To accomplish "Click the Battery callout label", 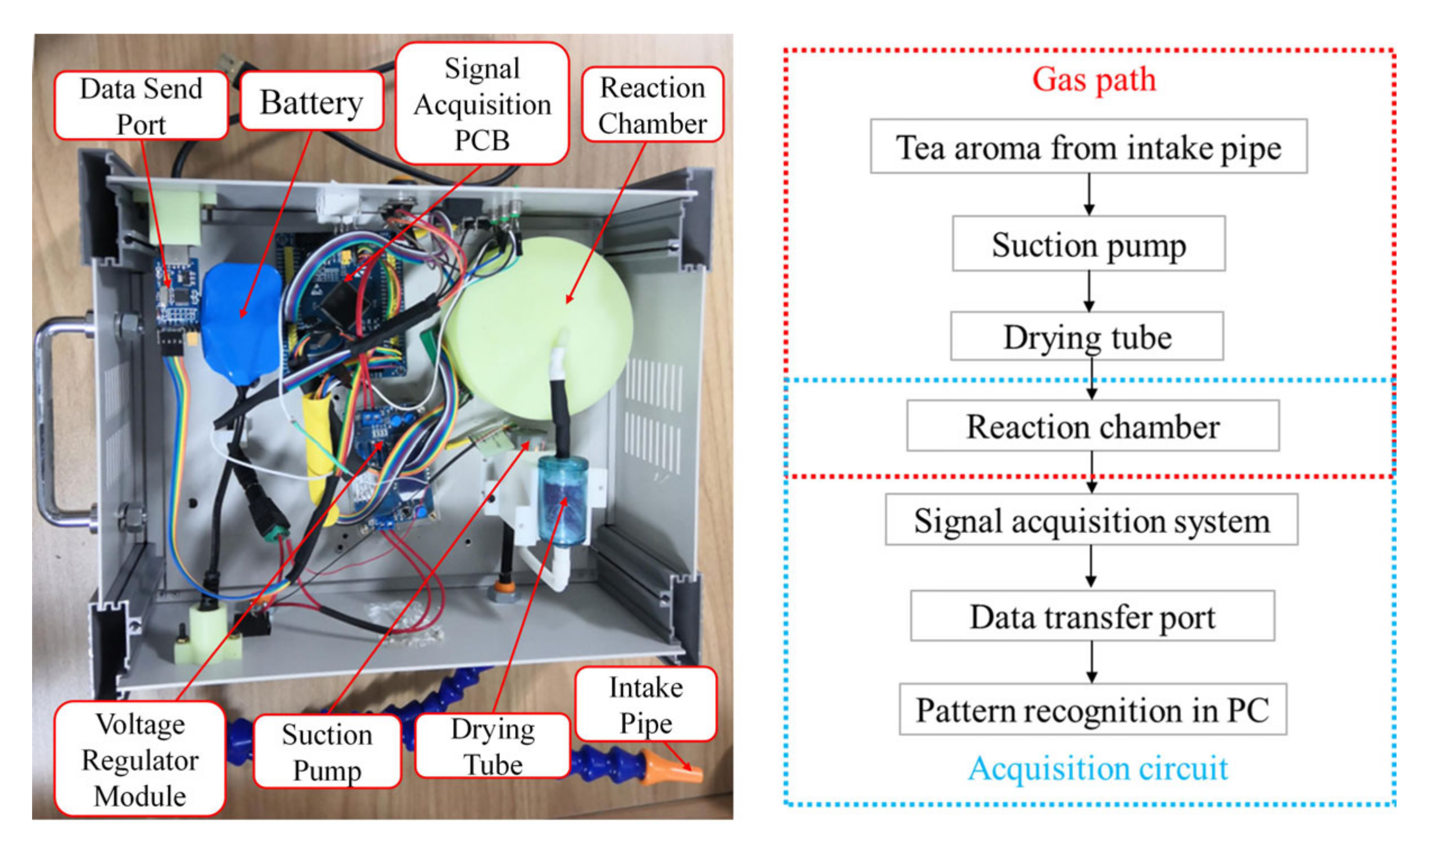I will pyautogui.click(x=311, y=103).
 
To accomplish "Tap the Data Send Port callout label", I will pyautogui.click(x=141, y=106).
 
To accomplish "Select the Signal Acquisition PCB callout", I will pyautogui.click(x=482, y=104).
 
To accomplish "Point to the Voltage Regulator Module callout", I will pyautogui.click(x=140, y=759).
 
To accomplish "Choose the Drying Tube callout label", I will pyautogui.click(x=493, y=746).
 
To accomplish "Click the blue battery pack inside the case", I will pyautogui.click(x=242, y=319).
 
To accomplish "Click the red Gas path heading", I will pyautogui.click(x=1094, y=80).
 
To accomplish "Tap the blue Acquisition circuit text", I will pyautogui.click(x=1097, y=768).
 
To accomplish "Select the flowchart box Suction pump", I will pyautogui.click(x=1088, y=244).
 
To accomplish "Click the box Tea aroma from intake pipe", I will pyautogui.click(x=1088, y=147).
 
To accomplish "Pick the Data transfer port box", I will pyautogui.click(x=1092, y=616).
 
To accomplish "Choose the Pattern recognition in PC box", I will pyautogui.click(x=1092, y=709).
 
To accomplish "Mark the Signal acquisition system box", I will pyautogui.click(x=1091, y=520).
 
